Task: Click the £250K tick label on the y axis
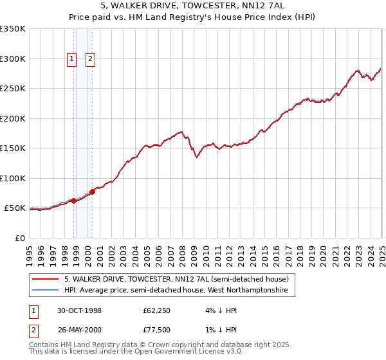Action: [x=13, y=89]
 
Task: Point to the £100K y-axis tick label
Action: [x=13, y=178]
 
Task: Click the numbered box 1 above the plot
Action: [x=72, y=60]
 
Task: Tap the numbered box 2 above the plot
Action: [x=90, y=60]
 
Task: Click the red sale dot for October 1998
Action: [x=74, y=201]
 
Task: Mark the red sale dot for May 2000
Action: [x=93, y=192]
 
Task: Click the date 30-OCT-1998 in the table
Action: [x=80, y=310]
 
